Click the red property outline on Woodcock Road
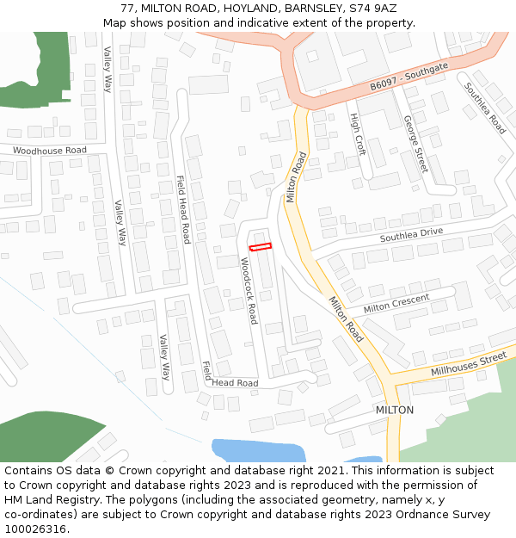click(x=260, y=247)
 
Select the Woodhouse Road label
click(x=50, y=150)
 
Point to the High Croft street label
click(x=357, y=134)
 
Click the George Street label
click(x=415, y=144)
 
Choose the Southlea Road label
click(x=485, y=108)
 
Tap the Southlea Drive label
click(x=411, y=233)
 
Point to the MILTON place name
click(x=394, y=410)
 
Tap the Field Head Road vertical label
click(x=183, y=209)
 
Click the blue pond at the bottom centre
click(x=258, y=449)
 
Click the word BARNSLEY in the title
click(x=292, y=9)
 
